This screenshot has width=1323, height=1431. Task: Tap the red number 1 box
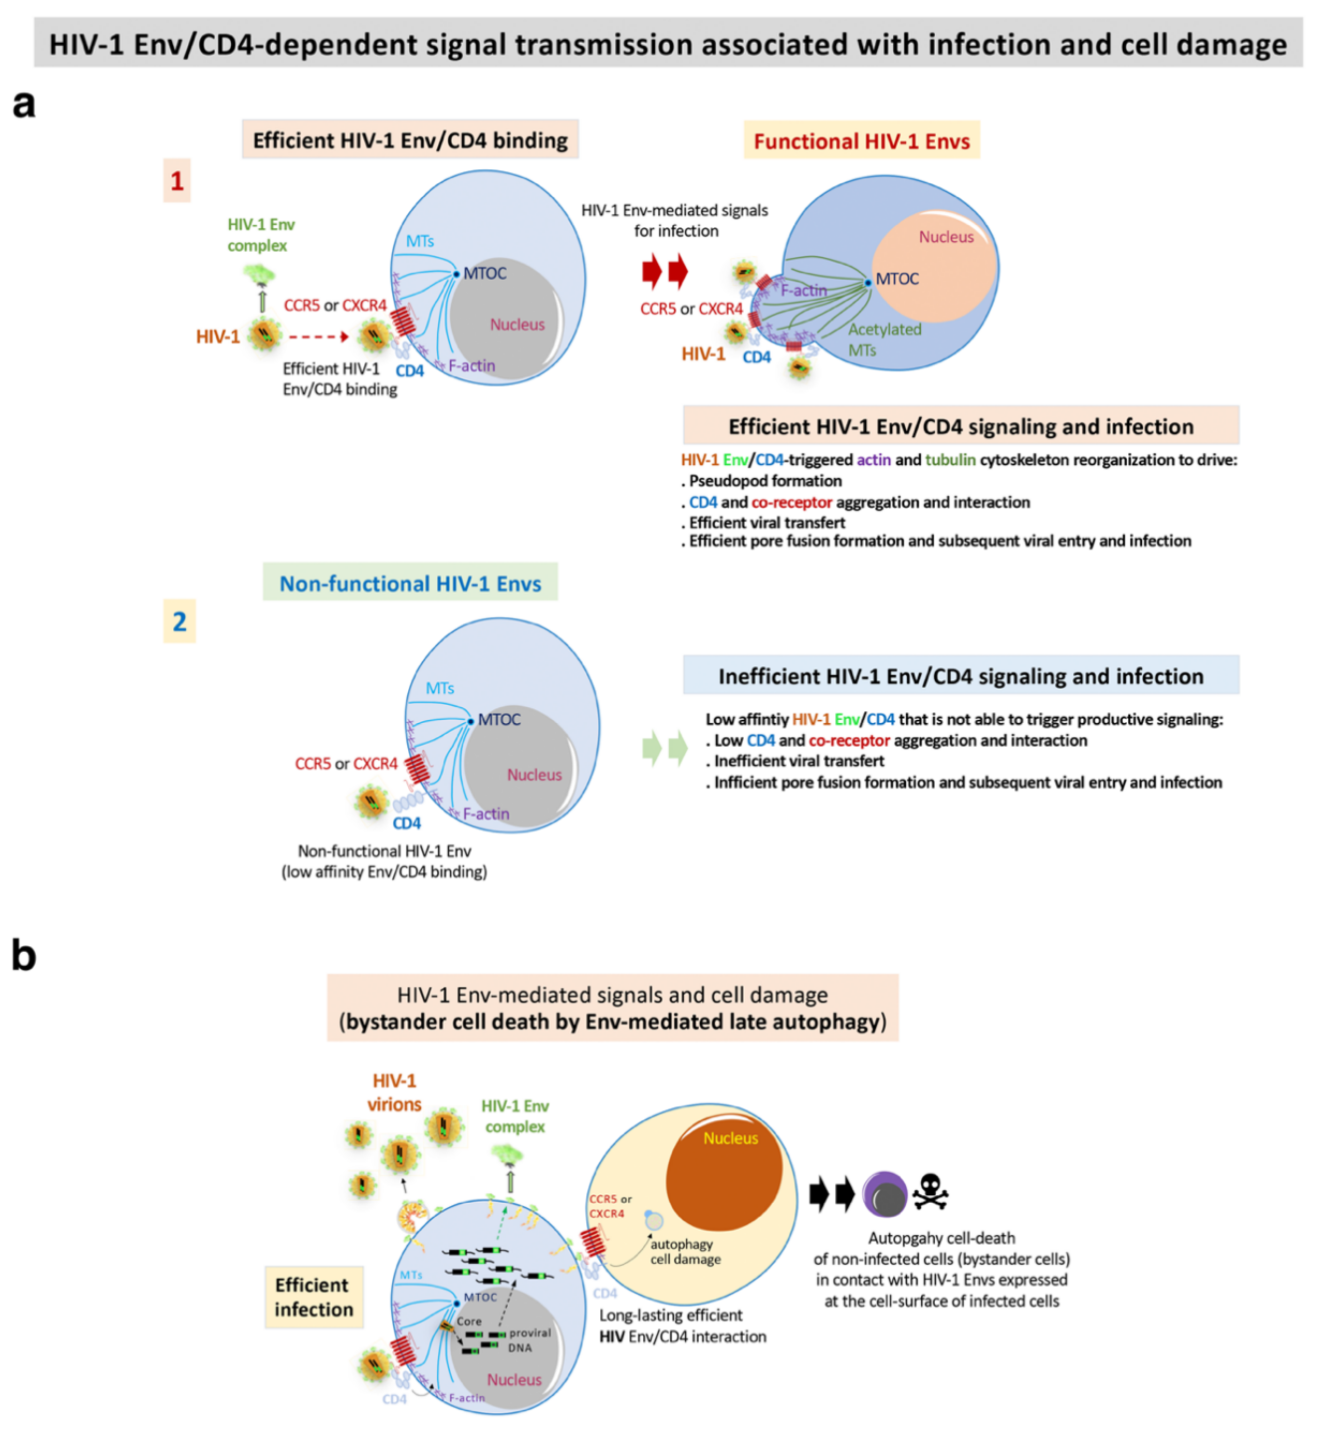(177, 180)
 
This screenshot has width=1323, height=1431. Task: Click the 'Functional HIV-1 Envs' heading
(861, 141)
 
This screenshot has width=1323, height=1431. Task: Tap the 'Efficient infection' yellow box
(313, 1296)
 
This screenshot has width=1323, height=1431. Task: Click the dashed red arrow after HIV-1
(318, 337)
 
